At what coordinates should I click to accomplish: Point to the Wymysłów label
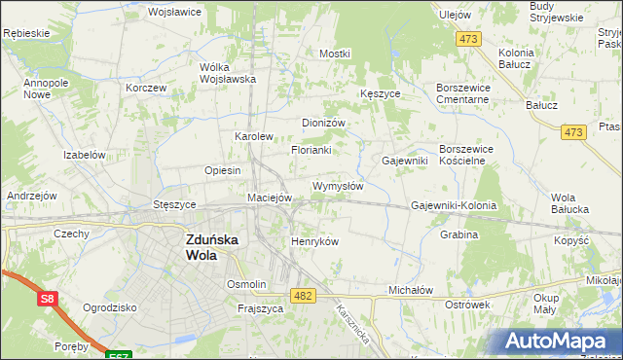click(x=338, y=186)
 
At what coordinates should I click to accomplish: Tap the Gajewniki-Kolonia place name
click(x=454, y=206)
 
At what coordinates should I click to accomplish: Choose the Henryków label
click(x=314, y=241)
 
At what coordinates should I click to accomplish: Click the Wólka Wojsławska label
click(x=227, y=73)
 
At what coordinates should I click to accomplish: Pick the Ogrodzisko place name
click(x=109, y=306)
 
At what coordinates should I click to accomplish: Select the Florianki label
click(x=311, y=151)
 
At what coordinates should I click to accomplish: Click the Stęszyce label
click(x=175, y=205)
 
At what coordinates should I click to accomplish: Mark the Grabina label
click(x=458, y=234)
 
